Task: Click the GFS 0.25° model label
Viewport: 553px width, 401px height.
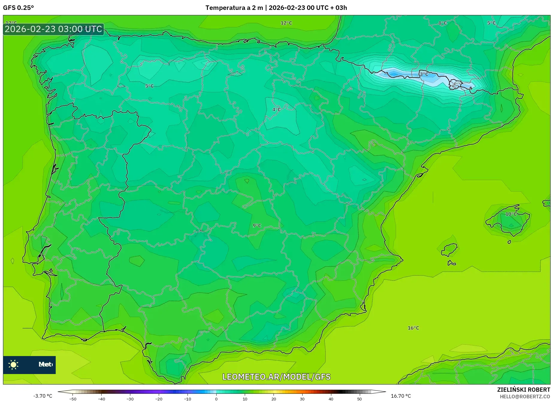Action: (18, 8)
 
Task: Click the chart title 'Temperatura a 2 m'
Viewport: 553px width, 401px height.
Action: (234, 8)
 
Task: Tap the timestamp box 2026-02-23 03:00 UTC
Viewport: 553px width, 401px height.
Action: (54, 29)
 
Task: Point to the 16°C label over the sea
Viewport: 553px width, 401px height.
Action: (413, 328)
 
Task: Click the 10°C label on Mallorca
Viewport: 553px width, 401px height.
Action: (511, 214)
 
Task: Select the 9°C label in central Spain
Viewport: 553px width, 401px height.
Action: (257, 225)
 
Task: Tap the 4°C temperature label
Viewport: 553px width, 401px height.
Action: (276, 109)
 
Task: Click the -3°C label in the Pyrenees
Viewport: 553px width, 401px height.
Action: (423, 74)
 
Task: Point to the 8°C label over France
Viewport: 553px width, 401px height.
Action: (442, 23)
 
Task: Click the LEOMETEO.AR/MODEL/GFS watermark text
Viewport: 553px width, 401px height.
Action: (276, 377)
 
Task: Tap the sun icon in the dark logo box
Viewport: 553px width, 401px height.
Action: (13, 364)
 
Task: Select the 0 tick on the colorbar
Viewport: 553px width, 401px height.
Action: (216, 399)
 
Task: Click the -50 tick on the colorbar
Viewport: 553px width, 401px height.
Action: (73, 399)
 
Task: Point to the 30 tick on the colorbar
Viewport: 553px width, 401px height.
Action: (302, 399)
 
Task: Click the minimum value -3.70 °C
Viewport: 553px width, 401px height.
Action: (43, 396)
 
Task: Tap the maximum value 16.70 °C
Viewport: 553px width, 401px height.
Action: (401, 396)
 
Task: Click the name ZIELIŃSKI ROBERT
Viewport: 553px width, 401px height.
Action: (524, 390)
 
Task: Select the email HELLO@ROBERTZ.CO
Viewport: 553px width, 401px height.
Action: (525, 397)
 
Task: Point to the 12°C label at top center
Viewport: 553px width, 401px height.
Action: (286, 23)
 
